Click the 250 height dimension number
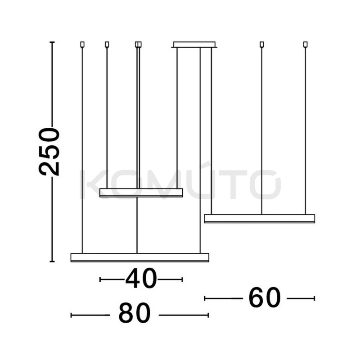[49, 152]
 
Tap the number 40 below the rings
[141, 278]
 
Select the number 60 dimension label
[265, 297]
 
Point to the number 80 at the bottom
[135, 313]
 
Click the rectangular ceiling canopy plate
[194, 45]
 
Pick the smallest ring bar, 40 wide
[141, 193]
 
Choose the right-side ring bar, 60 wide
[260, 219]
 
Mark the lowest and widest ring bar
[140, 257]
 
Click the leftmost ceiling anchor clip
[82, 44]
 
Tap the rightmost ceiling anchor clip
[306, 44]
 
